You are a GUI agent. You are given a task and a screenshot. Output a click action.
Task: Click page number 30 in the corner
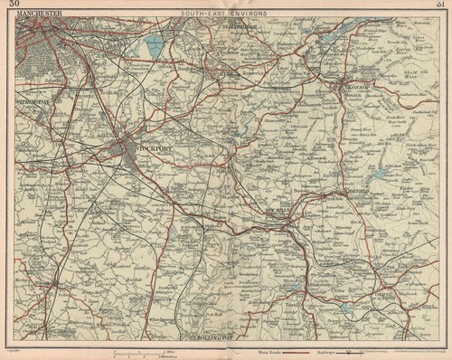click(x=13, y=5)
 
